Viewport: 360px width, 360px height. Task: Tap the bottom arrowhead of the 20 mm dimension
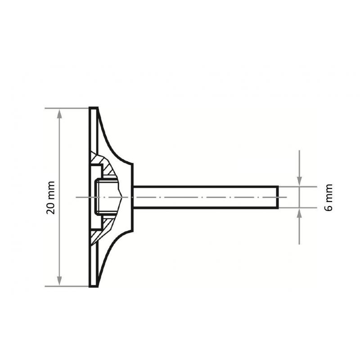click(x=60, y=281)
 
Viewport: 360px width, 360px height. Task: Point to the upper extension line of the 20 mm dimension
click(x=67, y=108)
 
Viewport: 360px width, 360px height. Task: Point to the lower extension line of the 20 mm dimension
click(x=67, y=286)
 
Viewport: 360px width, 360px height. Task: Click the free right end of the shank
click(x=277, y=197)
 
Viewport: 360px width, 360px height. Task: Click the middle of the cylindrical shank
click(x=205, y=197)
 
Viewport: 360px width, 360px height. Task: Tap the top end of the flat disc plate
click(x=93, y=109)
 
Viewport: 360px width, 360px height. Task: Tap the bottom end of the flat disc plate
click(x=93, y=284)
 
